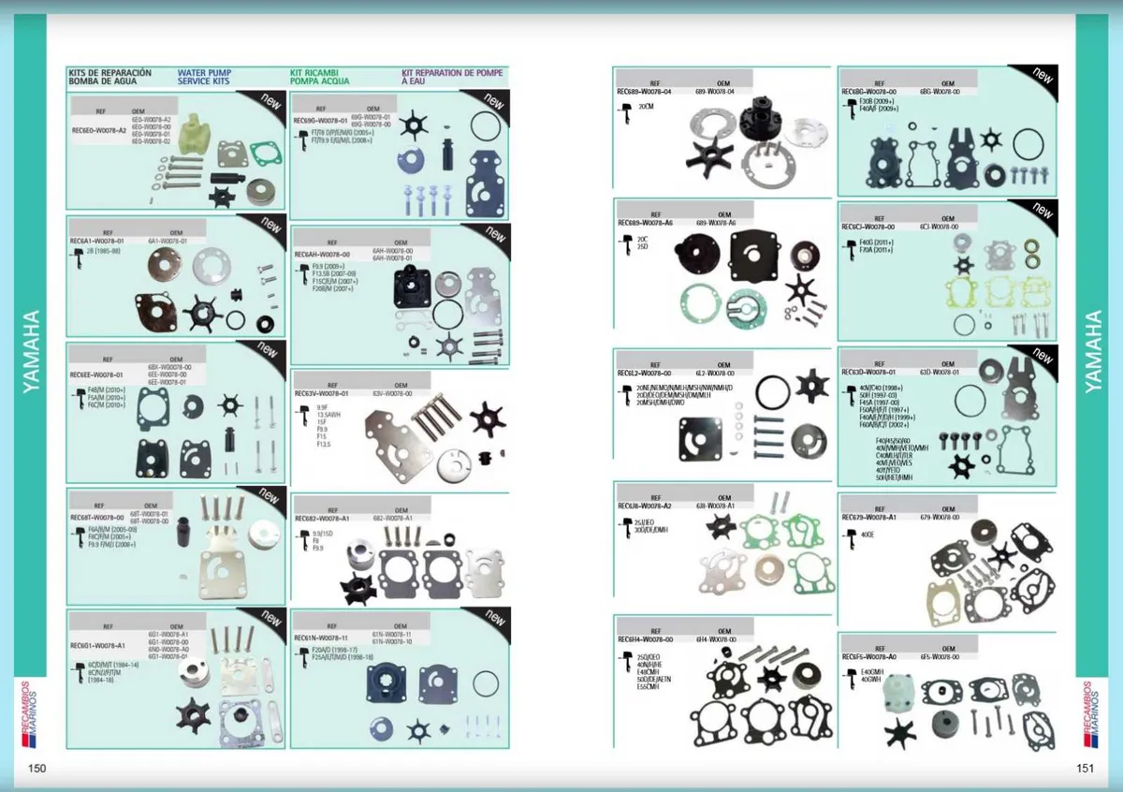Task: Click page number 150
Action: coord(36,769)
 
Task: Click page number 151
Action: coord(1085,769)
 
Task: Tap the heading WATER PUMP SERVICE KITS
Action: coord(204,77)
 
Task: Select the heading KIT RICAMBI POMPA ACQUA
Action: coord(320,77)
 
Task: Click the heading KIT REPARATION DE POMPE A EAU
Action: coord(452,77)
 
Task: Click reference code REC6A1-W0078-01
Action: coord(97,241)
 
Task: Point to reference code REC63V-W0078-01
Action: coord(321,394)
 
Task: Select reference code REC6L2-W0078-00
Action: coord(645,373)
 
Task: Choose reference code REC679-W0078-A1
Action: coord(869,517)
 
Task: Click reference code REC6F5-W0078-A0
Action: coord(869,657)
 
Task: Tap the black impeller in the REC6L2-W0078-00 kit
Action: coord(811,386)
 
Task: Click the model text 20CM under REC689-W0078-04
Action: coord(646,108)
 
